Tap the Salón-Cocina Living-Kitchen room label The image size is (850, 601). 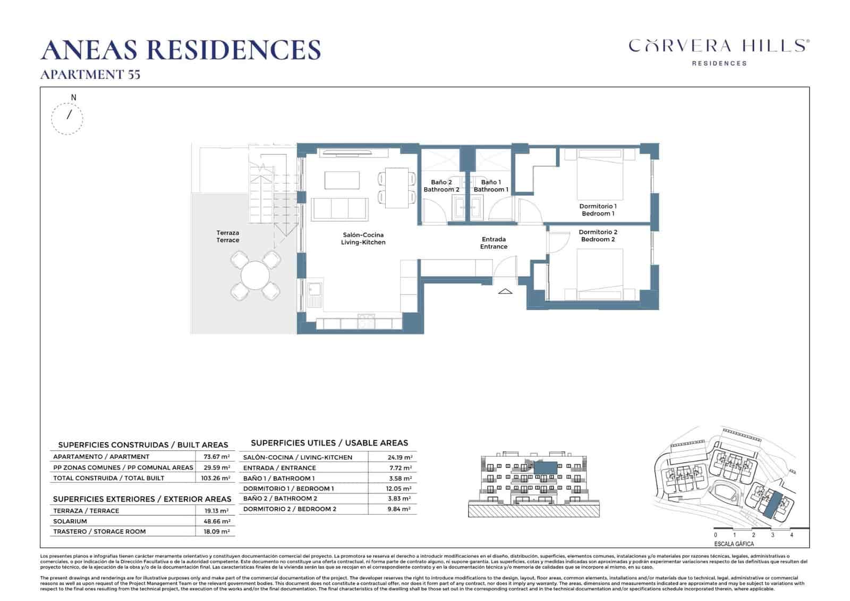tap(363, 238)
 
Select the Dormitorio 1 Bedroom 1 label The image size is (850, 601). tap(598, 210)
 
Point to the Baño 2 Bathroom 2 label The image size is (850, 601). tap(441, 186)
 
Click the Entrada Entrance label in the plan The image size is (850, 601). tap(494, 243)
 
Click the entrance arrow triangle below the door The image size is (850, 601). tap(505, 291)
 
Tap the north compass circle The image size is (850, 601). tap(67, 118)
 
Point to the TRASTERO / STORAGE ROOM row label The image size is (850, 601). tap(99, 531)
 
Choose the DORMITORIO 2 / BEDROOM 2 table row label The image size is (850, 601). tap(290, 509)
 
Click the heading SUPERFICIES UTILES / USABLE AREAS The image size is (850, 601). tap(329, 443)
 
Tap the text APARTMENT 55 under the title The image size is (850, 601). tap(90, 74)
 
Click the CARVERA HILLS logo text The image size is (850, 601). tap(719, 46)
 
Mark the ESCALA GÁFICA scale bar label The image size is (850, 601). tap(734, 544)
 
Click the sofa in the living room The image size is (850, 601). tap(340, 208)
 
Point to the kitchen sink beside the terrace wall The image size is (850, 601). tap(314, 290)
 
